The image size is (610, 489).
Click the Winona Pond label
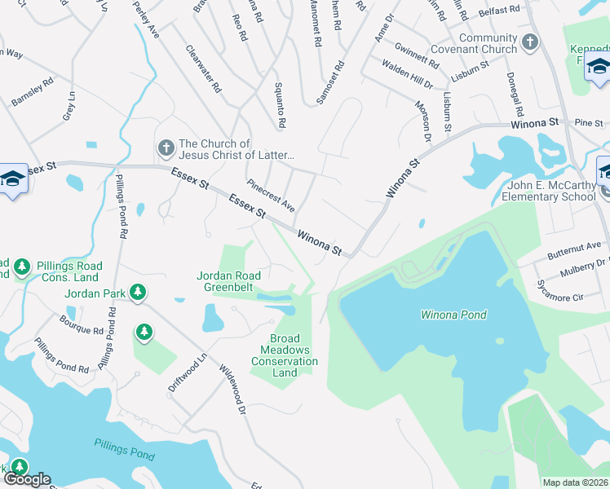pos(453,315)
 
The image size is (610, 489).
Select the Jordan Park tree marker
pos(138,292)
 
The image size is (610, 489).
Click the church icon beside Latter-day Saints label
pos(166,148)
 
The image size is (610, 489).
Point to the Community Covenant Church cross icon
pos(529,41)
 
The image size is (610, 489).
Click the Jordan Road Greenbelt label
pos(229,280)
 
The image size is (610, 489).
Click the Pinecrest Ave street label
pos(271,196)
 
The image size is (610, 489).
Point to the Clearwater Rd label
pos(203,68)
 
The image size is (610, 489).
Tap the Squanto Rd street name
pos(280,105)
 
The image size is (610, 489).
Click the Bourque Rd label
pos(81,332)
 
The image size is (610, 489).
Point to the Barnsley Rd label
pos(33,91)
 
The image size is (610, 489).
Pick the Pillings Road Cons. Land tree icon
pos(22,267)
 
